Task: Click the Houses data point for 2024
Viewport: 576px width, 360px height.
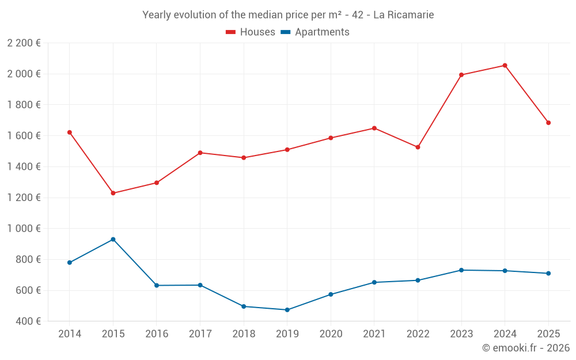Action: (505, 66)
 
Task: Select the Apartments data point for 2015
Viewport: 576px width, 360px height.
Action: (113, 240)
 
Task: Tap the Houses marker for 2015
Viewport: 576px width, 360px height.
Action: (113, 193)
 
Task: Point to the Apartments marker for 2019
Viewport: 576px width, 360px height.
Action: (287, 310)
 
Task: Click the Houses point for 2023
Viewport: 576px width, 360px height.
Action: (461, 75)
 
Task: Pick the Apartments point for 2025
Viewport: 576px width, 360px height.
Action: (548, 274)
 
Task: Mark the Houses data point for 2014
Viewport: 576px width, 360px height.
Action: (70, 132)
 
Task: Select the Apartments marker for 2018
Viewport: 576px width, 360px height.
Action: (244, 306)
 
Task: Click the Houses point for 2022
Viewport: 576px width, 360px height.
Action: (418, 147)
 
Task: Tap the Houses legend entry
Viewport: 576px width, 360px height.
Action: (251, 32)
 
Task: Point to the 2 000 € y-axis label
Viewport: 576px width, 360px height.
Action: (24, 74)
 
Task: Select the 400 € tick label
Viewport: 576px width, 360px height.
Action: (28, 321)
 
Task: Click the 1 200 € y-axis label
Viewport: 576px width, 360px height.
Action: (24, 198)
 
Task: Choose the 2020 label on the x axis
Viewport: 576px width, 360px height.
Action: (331, 334)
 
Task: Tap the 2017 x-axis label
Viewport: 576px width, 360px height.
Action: (200, 334)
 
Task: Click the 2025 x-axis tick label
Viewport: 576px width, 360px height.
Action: (548, 334)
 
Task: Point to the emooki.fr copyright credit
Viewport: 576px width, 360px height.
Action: (525, 348)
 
